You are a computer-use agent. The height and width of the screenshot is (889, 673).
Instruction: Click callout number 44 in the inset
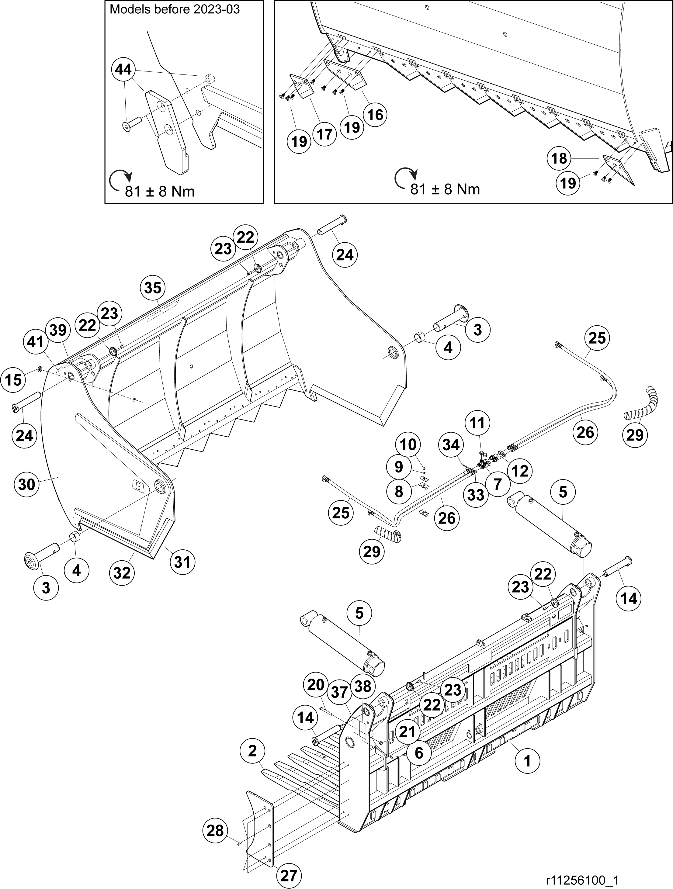pyautogui.click(x=123, y=70)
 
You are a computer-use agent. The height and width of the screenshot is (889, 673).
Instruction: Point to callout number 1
pyautogui.click(x=527, y=760)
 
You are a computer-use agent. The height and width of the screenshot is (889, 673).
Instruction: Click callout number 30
pyautogui.click(x=26, y=484)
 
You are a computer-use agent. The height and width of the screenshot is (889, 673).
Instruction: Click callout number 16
pyautogui.click(x=375, y=115)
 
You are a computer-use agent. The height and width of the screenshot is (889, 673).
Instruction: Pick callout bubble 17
pyautogui.click(x=324, y=134)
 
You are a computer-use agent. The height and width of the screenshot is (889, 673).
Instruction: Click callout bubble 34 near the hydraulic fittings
pyautogui.click(x=451, y=444)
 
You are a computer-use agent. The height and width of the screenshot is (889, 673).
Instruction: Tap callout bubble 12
pyautogui.click(x=520, y=471)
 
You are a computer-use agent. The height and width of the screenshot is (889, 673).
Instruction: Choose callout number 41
pyautogui.click(x=35, y=342)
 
